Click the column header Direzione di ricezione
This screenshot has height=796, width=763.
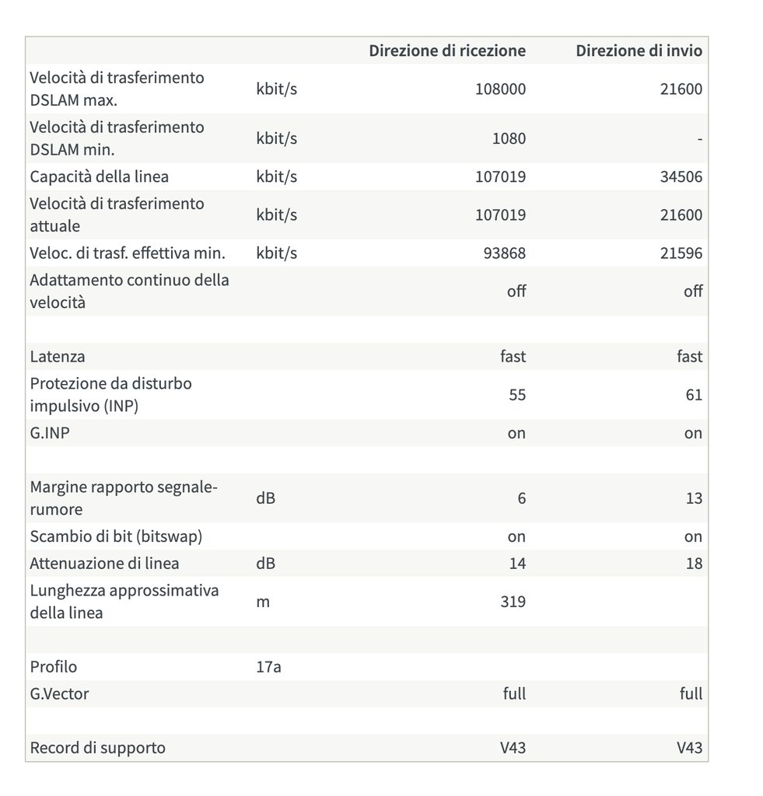(x=447, y=51)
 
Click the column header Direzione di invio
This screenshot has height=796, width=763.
(x=639, y=51)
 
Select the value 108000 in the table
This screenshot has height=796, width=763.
(x=500, y=89)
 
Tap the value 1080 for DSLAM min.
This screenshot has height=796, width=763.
(x=509, y=138)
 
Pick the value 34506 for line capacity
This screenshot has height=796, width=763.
(x=681, y=176)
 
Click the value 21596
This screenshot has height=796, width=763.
(x=681, y=253)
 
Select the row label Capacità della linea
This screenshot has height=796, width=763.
(x=99, y=176)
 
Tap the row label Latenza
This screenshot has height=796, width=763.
(x=58, y=357)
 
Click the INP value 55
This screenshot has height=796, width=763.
(x=517, y=395)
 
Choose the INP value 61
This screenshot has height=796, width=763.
(x=694, y=395)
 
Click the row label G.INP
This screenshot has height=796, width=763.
(x=49, y=433)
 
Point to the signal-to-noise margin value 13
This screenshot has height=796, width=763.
(x=694, y=498)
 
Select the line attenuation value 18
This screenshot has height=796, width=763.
(x=694, y=564)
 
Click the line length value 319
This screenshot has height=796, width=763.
(x=513, y=602)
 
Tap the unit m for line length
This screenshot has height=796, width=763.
(x=263, y=602)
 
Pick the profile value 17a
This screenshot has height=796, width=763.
(x=268, y=667)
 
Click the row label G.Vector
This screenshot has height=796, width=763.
(x=59, y=693)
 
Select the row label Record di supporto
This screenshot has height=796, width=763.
(x=97, y=748)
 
